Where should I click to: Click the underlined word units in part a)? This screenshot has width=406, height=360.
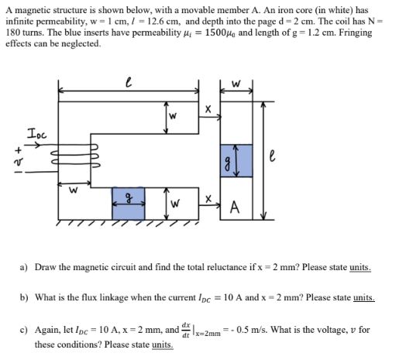click(x=356, y=266)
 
